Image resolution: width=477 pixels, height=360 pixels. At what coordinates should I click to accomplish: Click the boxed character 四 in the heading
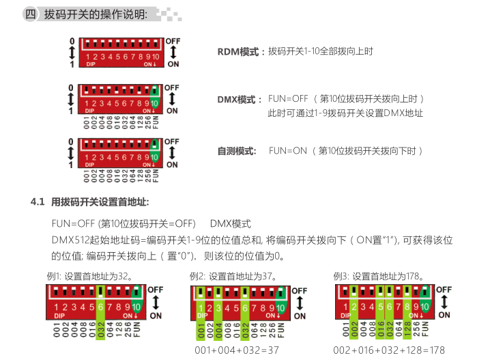pyautogui.click(x=30, y=14)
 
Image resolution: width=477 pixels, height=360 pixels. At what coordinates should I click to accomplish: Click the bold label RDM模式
pyautogui.click(x=238, y=52)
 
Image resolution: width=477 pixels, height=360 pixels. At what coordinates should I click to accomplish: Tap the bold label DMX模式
pyautogui.click(x=236, y=100)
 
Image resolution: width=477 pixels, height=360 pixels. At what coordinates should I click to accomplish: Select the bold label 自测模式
pyautogui.click(x=237, y=151)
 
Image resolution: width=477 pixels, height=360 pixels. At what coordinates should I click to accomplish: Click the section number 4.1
pyautogui.click(x=38, y=202)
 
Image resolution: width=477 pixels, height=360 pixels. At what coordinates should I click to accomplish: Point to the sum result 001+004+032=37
pyautogui.click(x=237, y=350)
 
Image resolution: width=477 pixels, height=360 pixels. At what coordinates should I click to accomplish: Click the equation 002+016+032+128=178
pyautogui.click(x=389, y=350)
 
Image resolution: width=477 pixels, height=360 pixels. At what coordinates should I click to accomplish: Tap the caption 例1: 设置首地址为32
pyautogui.click(x=90, y=276)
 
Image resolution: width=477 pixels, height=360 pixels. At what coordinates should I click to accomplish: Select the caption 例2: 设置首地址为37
pyautogui.click(x=233, y=276)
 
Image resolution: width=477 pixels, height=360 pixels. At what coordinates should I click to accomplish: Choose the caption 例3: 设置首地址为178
pyautogui.click(x=379, y=276)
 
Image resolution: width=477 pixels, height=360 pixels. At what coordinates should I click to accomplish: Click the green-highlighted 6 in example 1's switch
pyautogui.click(x=101, y=307)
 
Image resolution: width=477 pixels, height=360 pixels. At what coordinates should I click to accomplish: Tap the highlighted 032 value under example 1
pyautogui.click(x=101, y=331)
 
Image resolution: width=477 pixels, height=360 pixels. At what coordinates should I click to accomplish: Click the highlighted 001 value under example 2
pyautogui.click(x=201, y=331)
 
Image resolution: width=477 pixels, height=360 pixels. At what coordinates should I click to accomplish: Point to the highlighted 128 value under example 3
pyautogui.click(x=407, y=329)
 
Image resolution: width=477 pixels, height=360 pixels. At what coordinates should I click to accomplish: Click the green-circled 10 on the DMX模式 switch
pyautogui.click(x=154, y=104)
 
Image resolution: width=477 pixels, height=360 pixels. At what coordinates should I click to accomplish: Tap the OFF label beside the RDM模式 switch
pyautogui.click(x=173, y=41)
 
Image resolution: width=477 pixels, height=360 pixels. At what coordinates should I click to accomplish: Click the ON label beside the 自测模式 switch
pyautogui.click(x=172, y=165)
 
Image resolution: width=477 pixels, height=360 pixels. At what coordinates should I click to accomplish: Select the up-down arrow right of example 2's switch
pyautogui.click(x=300, y=303)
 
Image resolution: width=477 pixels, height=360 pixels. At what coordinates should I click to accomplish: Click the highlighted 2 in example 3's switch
pyautogui.click(x=353, y=307)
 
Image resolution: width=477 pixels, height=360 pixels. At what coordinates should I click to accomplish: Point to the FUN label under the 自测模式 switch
pyautogui.click(x=156, y=176)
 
